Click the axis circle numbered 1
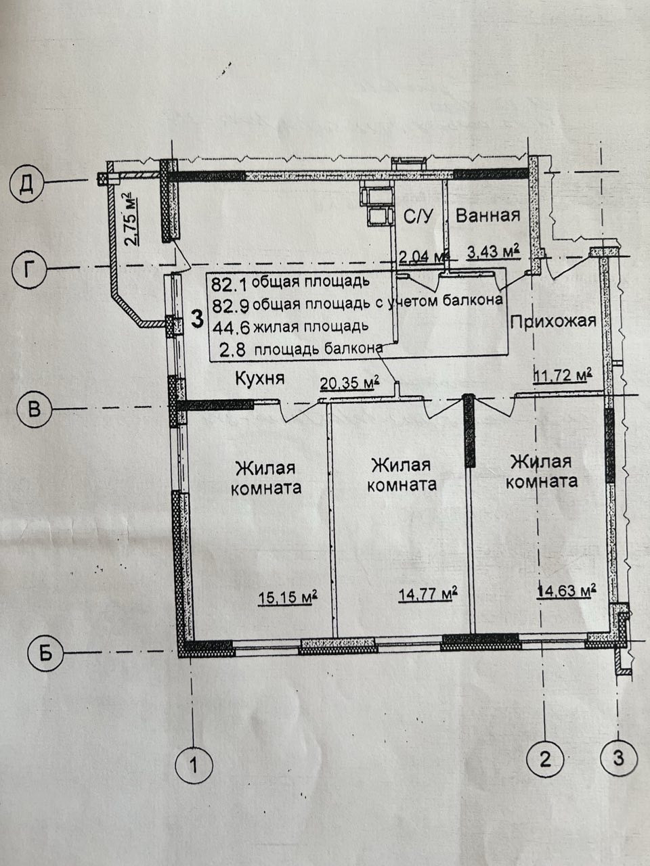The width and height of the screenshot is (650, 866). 194,765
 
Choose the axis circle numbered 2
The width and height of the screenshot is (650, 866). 545,758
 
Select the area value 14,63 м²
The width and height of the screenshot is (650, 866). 566,591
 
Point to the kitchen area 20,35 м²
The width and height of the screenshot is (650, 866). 349,384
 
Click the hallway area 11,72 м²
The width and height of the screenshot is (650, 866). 563,374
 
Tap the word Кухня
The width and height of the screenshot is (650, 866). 259,379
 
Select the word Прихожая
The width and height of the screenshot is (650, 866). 553,321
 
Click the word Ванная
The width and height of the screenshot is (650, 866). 487,216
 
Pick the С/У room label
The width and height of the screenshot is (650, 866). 418,216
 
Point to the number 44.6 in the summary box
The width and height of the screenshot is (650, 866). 226,327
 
